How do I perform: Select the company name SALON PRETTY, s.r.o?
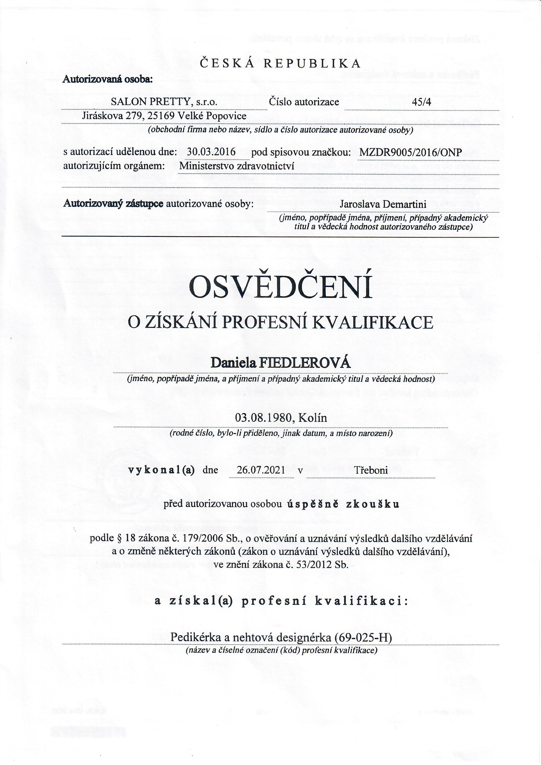coord(164,102)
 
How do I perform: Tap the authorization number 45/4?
coord(421,102)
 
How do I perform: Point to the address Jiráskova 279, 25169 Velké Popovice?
coord(164,116)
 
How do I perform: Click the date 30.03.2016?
coord(211,152)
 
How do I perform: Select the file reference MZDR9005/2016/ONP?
coord(410,153)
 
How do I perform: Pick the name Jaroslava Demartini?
coord(383,204)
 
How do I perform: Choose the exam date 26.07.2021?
coord(261,470)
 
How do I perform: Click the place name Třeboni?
coord(371,470)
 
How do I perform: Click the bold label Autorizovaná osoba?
coord(108,79)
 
